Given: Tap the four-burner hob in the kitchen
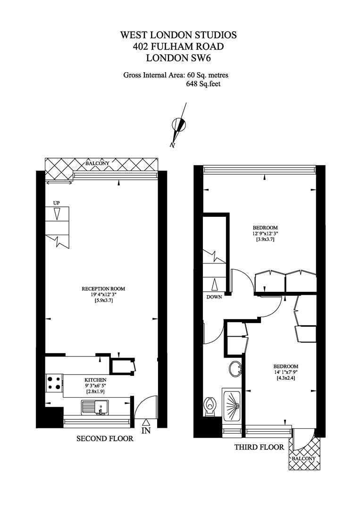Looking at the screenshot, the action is click(x=54, y=382).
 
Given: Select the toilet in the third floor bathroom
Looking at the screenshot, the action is click(x=210, y=407).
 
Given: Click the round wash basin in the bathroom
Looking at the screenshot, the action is click(x=235, y=369).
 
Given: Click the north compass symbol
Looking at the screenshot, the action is click(x=179, y=125).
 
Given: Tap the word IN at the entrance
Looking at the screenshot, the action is click(x=146, y=431).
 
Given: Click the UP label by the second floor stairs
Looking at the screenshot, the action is click(x=57, y=203).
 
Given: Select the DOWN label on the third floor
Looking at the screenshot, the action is click(x=214, y=297).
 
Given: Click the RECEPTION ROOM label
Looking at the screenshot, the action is click(x=103, y=289).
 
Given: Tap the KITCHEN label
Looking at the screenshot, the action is click(x=95, y=380).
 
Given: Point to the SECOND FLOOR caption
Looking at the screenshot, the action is click(x=105, y=438).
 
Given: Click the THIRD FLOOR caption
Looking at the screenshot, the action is click(x=260, y=447).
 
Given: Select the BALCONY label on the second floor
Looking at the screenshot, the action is click(x=98, y=163).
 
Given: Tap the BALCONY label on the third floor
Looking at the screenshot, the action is click(x=303, y=459).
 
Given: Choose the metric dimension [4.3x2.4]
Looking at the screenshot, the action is click(x=285, y=378).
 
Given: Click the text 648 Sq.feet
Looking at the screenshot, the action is click(x=203, y=84).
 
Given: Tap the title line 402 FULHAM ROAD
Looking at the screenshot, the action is click(x=178, y=46).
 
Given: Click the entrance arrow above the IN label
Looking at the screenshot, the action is click(x=146, y=423).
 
